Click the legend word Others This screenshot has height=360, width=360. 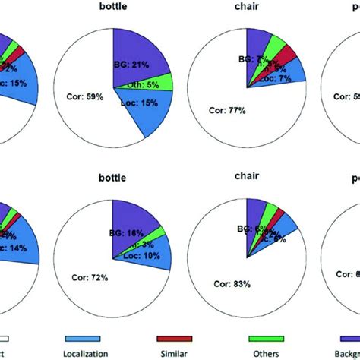pos(267,352)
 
